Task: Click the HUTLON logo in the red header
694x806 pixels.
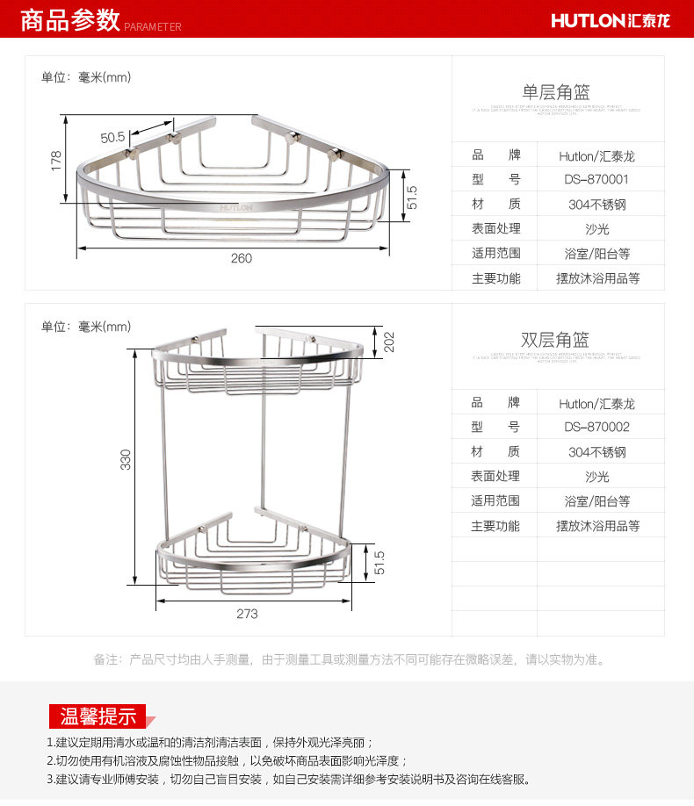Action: [611, 19]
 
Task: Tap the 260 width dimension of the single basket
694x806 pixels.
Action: [241, 258]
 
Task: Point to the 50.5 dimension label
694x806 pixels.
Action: [112, 137]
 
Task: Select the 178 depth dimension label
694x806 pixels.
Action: [56, 162]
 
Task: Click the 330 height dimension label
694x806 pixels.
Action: [126, 459]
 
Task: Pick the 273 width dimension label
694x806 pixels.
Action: [247, 614]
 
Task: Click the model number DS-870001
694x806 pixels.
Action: [596, 179]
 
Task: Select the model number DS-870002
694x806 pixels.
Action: [596, 427]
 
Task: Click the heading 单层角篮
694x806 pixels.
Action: [556, 92]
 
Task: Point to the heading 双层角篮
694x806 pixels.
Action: [556, 340]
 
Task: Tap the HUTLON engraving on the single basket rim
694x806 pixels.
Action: [236, 208]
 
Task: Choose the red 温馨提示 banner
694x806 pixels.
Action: [98, 716]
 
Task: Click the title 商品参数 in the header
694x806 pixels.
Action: [69, 19]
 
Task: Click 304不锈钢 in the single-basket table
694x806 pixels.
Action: [596, 204]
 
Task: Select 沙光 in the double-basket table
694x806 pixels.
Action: [596, 477]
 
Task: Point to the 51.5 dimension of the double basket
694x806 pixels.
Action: [380, 563]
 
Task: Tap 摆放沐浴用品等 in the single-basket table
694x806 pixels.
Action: [597, 278]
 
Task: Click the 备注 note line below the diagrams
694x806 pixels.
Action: [349, 659]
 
